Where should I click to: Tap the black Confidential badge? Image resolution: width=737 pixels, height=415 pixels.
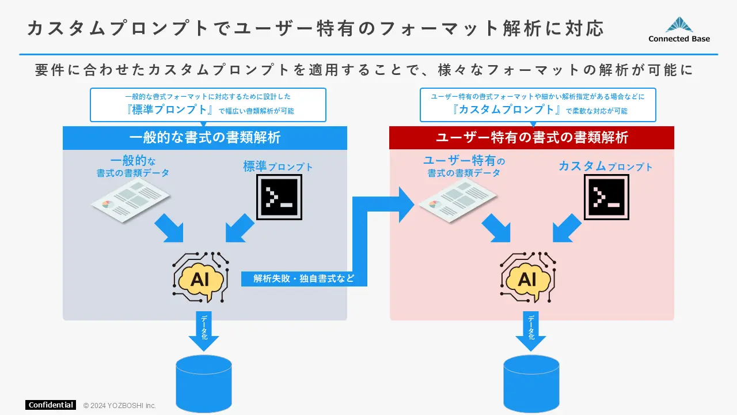[51, 405]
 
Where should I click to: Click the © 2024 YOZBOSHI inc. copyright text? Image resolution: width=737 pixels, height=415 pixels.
[120, 405]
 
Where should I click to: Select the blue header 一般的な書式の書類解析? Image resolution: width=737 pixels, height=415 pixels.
[205, 138]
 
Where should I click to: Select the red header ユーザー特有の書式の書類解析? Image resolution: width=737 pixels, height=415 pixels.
[531, 138]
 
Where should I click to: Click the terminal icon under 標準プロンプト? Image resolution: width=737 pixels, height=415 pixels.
[279, 197]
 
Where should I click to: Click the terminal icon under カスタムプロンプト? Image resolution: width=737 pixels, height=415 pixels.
[606, 197]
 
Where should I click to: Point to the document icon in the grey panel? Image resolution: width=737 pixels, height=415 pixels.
[131, 199]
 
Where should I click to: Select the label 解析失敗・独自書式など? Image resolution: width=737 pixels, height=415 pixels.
[303, 279]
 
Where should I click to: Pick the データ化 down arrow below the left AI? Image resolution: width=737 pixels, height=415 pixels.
[204, 331]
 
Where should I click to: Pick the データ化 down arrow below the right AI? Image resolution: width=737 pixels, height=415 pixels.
[531, 331]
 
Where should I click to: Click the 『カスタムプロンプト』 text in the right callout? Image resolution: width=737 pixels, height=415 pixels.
[507, 110]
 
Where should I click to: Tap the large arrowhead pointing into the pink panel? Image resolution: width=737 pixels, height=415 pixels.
[405, 203]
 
